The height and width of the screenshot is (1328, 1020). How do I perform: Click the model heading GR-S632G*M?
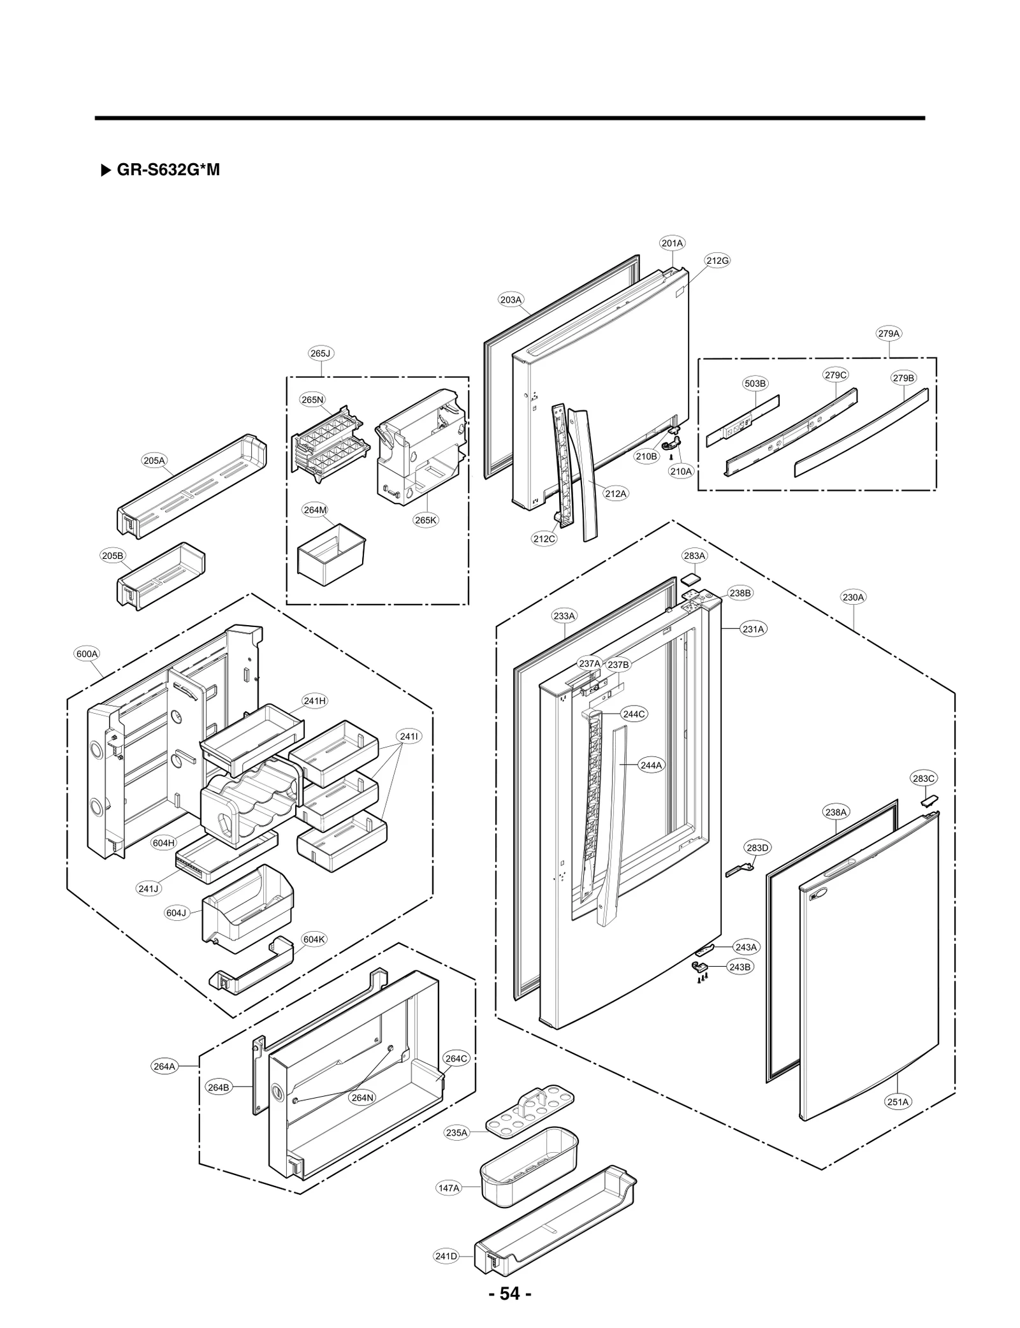(x=168, y=170)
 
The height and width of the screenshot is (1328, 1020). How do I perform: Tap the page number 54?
(x=509, y=1294)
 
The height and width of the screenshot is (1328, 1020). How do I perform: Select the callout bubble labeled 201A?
(x=672, y=243)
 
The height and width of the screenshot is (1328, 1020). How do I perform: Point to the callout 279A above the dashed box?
(x=889, y=333)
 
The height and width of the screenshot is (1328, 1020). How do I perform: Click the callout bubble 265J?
(x=321, y=353)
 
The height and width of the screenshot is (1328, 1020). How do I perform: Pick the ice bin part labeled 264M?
(x=332, y=555)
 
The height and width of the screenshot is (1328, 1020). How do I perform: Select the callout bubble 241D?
(x=446, y=1256)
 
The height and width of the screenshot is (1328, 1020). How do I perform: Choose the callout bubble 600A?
(x=87, y=654)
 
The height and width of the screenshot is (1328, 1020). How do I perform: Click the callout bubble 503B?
(x=755, y=383)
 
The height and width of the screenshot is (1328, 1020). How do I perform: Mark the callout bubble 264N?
(x=362, y=1097)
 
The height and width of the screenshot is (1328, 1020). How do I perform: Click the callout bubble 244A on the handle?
(x=651, y=765)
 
